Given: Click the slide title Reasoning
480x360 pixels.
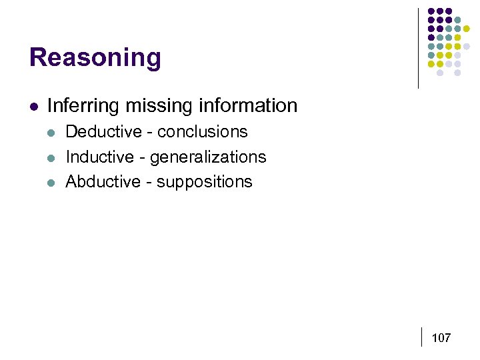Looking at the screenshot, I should (95, 58).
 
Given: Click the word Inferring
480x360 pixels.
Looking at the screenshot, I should (79, 105).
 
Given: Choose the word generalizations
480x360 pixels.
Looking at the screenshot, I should (208, 157).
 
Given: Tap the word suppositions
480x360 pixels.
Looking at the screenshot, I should (205, 182).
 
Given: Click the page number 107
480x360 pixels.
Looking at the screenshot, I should (441, 338).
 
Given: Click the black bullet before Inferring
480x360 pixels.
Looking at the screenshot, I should (33, 106).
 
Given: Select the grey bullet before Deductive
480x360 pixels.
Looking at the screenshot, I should (52, 133).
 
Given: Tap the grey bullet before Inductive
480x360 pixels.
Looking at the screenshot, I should (52, 158).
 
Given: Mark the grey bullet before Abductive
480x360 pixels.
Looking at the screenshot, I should (52, 183).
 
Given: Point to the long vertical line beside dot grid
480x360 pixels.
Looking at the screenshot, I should (418, 48).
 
